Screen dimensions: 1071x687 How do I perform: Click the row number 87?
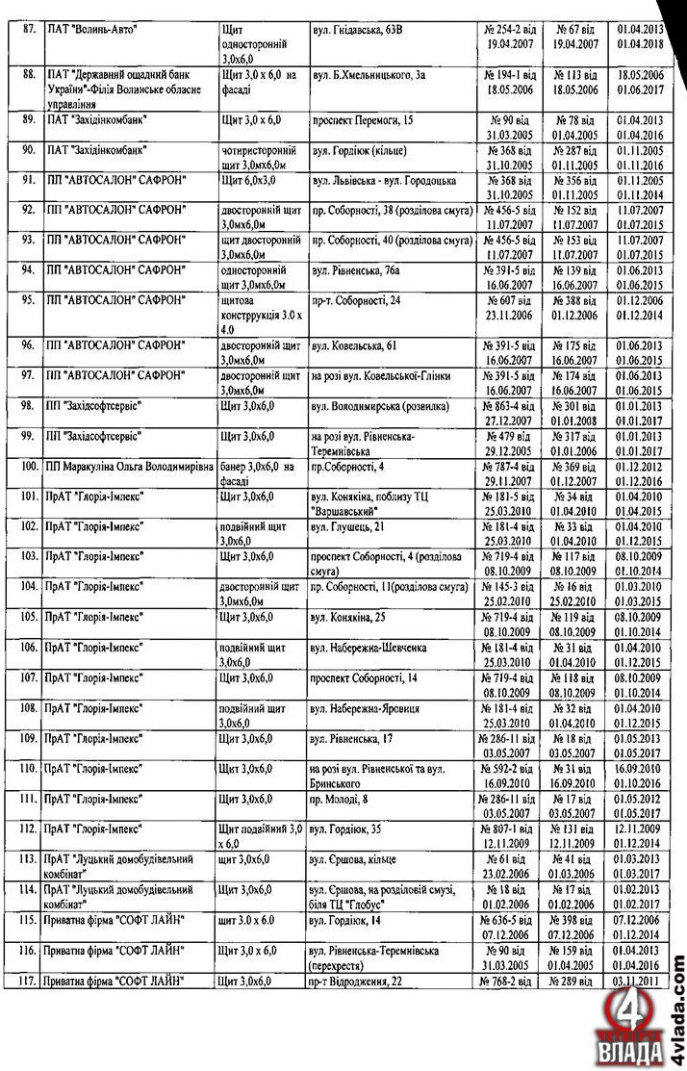coord(30,31)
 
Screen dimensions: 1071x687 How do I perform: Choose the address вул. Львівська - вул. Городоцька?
coord(381,181)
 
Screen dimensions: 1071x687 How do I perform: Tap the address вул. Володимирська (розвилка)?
coord(379,406)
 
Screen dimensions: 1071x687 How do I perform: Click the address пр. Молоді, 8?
coord(341,799)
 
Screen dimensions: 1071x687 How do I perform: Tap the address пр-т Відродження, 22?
coord(356,981)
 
